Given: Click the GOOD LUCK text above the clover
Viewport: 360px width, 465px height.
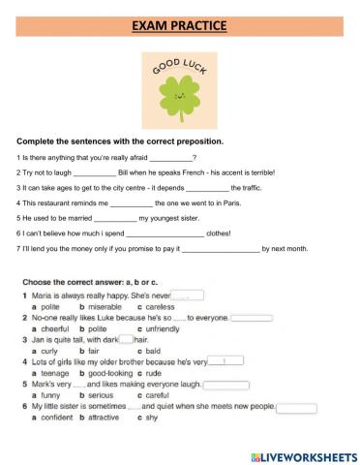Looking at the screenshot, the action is pos(180,71).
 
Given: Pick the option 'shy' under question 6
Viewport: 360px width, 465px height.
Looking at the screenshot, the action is pos(149,418).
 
